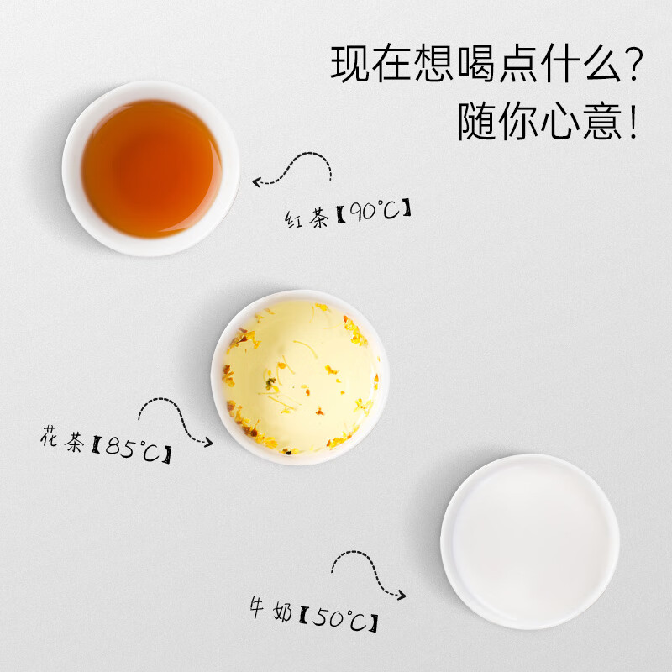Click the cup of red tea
point(151,168)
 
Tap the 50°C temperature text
point(341,620)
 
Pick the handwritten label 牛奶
point(270,612)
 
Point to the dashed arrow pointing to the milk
point(365,571)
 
